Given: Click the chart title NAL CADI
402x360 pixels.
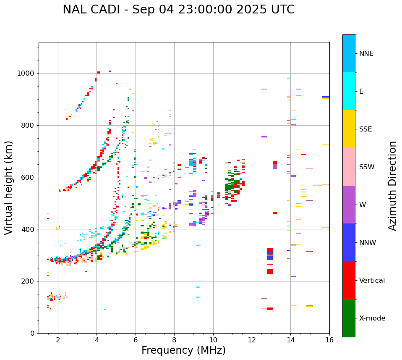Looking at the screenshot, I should click(x=178, y=10).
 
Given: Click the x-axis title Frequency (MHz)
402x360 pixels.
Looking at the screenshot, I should click(x=183, y=350).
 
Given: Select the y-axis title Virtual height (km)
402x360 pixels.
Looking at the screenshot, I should click(x=9, y=187).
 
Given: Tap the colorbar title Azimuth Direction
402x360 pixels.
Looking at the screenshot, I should click(x=392, y=185).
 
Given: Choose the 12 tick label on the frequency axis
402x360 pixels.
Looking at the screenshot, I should click(x=252, y=340).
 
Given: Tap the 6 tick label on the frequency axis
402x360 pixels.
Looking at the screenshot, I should click(x=136, y=340).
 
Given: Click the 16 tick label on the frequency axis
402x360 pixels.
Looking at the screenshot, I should click(x=329, y=340).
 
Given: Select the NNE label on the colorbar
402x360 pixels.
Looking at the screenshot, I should click(x=366, y=54).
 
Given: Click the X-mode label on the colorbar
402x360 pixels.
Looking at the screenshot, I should click(x=372, y=318).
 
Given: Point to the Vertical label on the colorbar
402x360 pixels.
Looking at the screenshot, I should click(x=372, y=281).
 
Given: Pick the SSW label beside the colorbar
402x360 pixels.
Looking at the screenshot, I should click(x=367, y=167).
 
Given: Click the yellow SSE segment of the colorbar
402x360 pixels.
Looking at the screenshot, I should click(x=349, y=129).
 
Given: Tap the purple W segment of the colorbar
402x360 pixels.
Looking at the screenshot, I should click(x=349, y=205).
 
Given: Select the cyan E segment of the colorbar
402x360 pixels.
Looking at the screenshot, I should click(x=349, y=91).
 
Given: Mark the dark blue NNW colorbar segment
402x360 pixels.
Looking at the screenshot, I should click(x=349, y=242).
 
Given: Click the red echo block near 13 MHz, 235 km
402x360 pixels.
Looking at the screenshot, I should click(x=270, y=272).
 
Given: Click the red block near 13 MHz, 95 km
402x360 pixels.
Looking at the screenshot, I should click(x=270, y=309).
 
